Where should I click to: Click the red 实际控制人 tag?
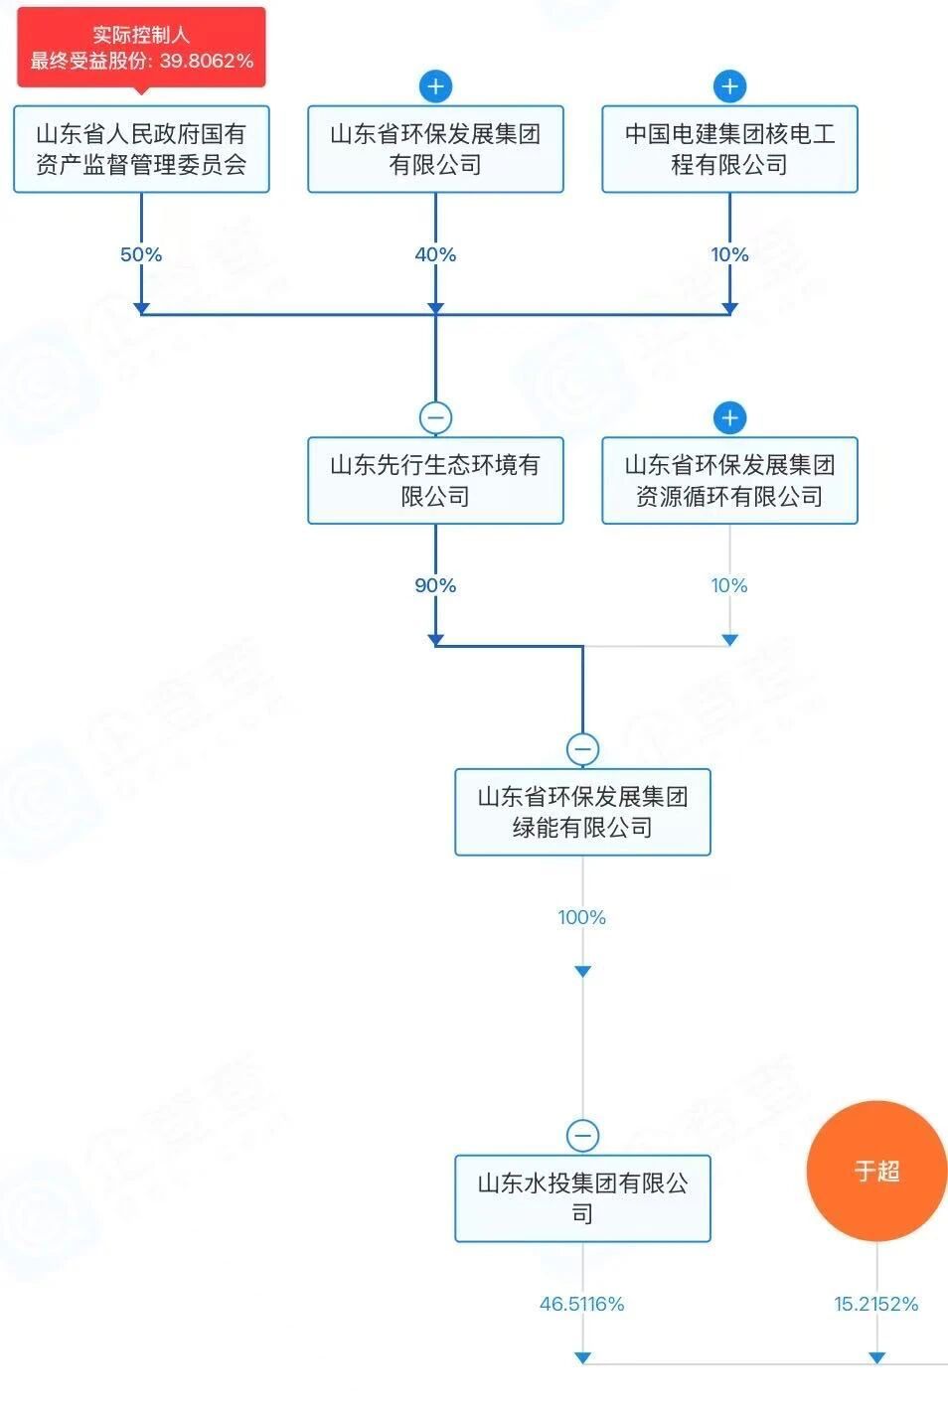click(x=141, y=48)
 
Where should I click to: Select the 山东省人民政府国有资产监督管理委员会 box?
click(x=141, y=149)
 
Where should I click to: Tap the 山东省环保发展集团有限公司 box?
click(x=435, y=149)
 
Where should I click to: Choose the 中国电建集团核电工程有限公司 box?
click(x=729, y=149)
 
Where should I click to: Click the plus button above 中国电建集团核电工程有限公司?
click(x=729, y=86)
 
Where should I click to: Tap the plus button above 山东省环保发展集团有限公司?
click(x=435, y=86)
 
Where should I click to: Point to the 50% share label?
click(x=141, y=254)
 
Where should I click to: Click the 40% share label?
click(x=435, y=254)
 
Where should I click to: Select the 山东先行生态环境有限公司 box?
click(x=435, y=480)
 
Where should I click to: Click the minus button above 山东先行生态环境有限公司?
click(x=435, y=417)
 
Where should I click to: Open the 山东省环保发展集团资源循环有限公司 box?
click(x=729, y=480)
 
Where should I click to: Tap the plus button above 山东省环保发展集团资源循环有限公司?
click(x=729, y=417)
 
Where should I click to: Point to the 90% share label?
click(x=435, y=585)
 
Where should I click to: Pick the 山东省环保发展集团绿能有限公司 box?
click(x=582, y=811)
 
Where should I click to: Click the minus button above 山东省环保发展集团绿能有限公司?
click(x=582, y=748)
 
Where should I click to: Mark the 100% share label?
click(x=582, y=917)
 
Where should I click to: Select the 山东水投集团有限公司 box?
click(x=582, y=1197)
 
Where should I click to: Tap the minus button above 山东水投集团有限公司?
click(x=582, y=1135)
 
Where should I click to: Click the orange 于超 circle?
click(x=876, y=1171)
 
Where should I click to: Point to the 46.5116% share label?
click(x=582, y=1304)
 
